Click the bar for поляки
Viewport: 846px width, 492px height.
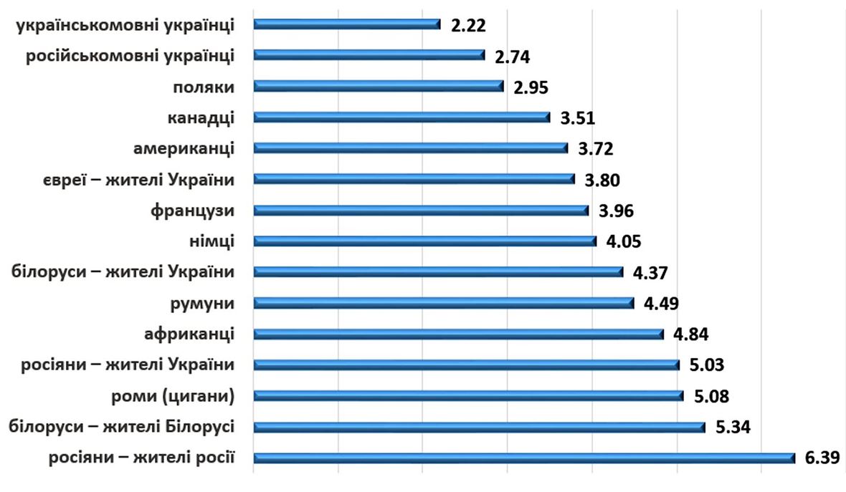379,86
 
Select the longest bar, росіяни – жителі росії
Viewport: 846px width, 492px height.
524,458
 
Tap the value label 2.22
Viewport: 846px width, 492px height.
469,26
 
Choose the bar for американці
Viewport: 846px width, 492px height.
410,148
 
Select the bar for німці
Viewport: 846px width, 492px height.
424,241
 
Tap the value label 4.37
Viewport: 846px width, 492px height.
650,274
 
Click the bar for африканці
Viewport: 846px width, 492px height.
459,334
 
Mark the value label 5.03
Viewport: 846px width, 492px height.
707,366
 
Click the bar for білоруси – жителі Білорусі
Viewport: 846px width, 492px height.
479,427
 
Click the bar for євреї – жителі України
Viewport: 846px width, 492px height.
414,179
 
